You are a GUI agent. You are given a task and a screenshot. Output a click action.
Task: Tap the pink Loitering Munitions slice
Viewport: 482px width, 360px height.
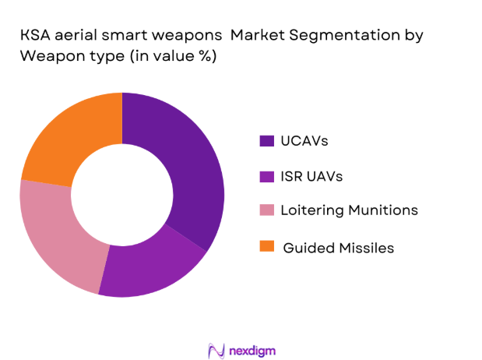(55, 234)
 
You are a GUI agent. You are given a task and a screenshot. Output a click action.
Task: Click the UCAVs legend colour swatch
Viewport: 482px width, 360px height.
(267, 141)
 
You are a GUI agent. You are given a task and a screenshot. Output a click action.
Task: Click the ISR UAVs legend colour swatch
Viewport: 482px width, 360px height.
(267, 176)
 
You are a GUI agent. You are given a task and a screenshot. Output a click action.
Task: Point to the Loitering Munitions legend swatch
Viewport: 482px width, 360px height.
(267, 210)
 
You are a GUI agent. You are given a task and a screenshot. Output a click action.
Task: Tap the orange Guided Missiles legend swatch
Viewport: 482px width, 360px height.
(267, 247)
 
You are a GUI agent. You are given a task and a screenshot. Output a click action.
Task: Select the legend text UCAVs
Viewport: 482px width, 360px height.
(305, 141)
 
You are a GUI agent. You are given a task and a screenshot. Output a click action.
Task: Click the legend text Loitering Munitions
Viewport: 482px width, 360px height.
(350, 210)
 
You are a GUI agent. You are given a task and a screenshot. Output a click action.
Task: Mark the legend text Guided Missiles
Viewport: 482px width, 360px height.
(339, 247)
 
